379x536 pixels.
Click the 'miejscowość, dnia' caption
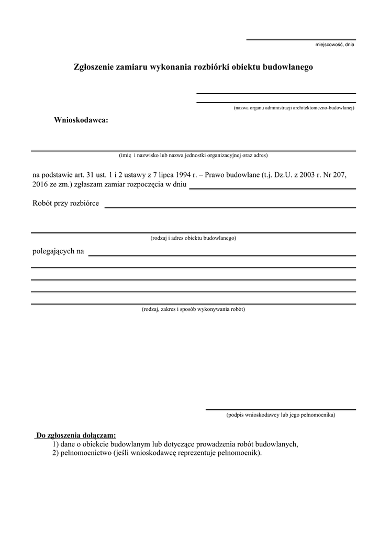pyautogui.click(x=335, y=45)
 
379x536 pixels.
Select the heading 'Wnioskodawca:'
pyautogui.click(x=81, y=120)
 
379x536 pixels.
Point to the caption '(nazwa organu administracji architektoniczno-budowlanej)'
pyautogui.click(x=294, y=108)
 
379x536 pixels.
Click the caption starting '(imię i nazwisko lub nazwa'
pyautogui.click(x=193, y=155)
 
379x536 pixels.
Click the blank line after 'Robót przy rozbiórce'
pyautogui.click(x=230, y=207)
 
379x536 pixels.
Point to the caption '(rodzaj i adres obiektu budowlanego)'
pyautogui.click(x=193, y=238)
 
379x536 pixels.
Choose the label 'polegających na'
pyautogui.click(x=58, y=251)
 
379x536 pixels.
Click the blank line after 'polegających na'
pyautogui.click(x=222, y=255)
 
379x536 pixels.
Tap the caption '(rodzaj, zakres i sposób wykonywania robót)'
pyautogui.click(x=193, y=309)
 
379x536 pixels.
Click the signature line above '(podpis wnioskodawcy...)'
pyautogui.click(x=281, y=409)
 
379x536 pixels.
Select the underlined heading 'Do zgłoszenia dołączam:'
pyautogui.click(x=76, y=435)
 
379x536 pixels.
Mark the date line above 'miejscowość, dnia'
pyautogui.click(x=301, y=40)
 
